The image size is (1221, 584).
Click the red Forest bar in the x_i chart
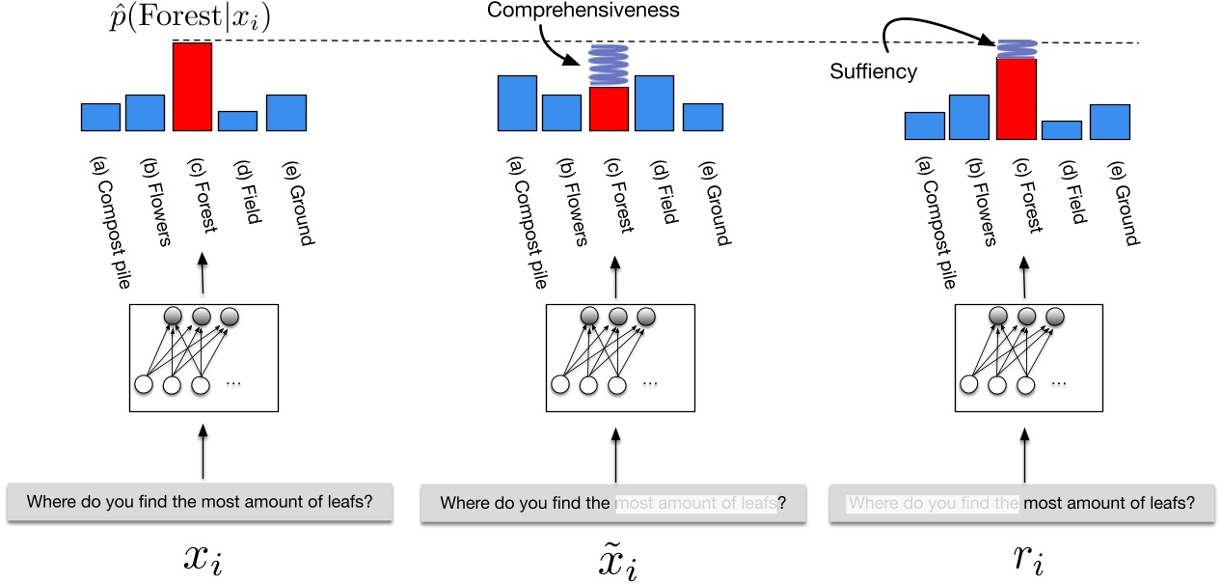coord(192,87)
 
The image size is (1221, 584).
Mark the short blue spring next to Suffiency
coord(1017,48)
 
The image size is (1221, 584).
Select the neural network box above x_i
coord(203,358)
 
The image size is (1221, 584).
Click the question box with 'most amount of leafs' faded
coord(612,503)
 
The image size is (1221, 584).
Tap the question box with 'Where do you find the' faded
coord(1021,503)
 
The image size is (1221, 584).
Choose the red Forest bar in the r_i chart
coord(1017,99)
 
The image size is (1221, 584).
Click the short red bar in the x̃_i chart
coord(609,109)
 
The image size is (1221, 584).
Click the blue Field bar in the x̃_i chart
coord(654,102)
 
